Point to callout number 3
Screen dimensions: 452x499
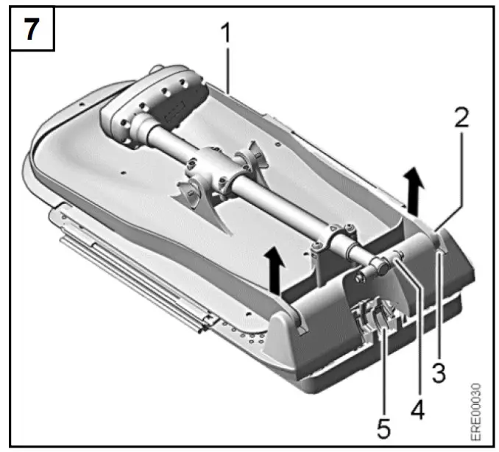click(x=439, y=372)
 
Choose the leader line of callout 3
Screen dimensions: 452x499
click(x=438, y=309)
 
